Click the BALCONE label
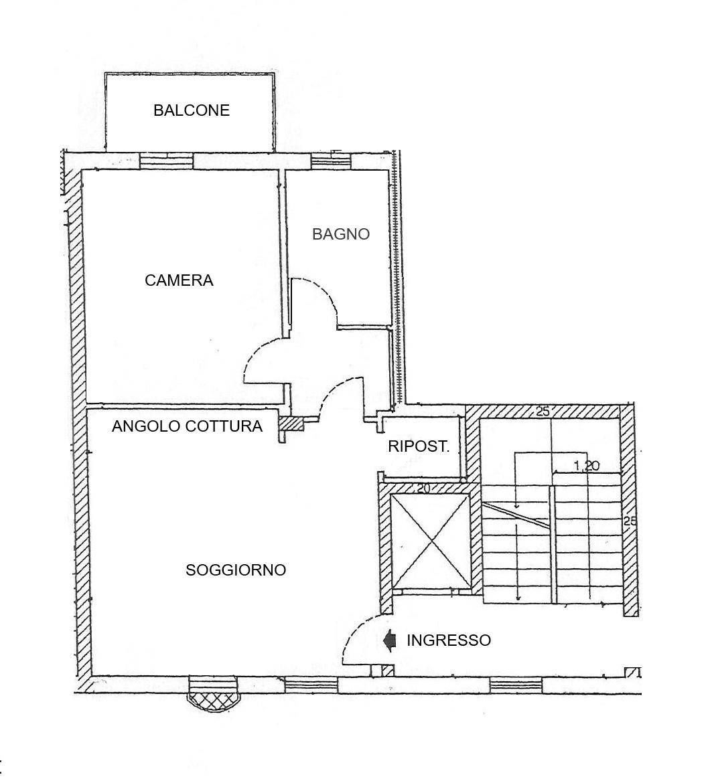(192, 110)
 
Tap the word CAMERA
(179, 280)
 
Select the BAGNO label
(341, 234)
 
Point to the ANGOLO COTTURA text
(187, 426)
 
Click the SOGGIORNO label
(236, 570)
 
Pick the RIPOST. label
(419, 446)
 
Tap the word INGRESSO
(449, 640)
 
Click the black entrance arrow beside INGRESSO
(389, 640)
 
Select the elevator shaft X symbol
(431, 541)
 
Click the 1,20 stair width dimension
(586, 466)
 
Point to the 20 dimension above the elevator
(423, 489)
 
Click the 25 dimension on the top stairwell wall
(543, 412)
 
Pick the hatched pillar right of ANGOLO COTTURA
(291, 424)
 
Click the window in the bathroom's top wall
(331, 161)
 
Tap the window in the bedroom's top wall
(166, 161)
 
